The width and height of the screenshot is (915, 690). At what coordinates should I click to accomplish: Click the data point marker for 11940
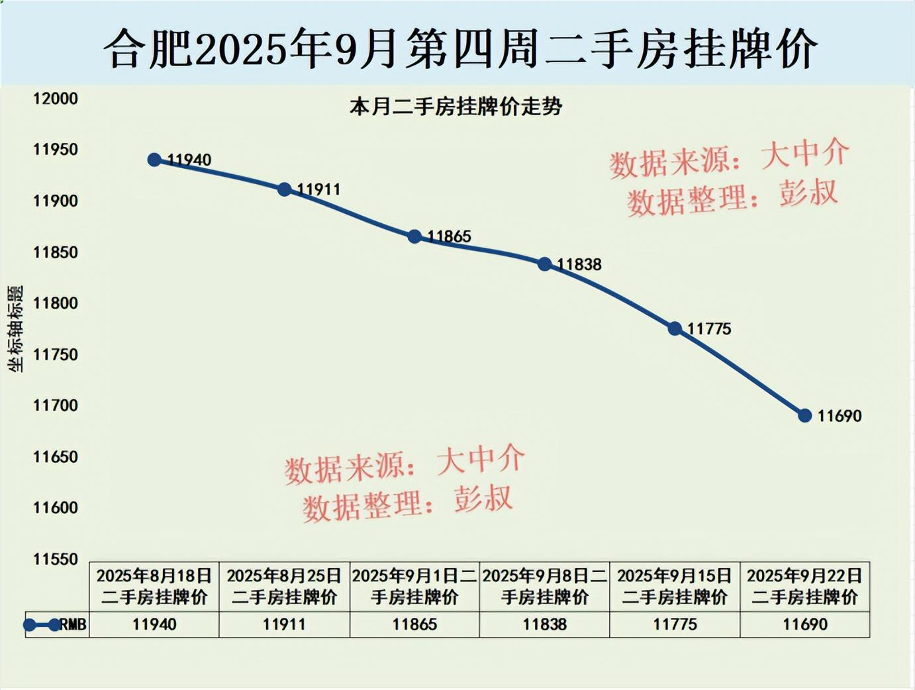click(154, 160)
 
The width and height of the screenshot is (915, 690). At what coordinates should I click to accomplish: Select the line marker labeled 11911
click(285, 189)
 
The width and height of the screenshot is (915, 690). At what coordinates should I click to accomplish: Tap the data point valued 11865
click(414, 236)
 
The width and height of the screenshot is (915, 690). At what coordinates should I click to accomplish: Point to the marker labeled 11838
click(545, 264)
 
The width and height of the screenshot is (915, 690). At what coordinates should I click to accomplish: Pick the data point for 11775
click(675, 328)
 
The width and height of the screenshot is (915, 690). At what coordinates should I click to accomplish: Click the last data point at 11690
click(805, 416)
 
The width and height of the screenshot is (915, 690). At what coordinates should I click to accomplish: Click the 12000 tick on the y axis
click(56, 99)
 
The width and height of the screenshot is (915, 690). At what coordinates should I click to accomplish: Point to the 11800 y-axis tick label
click(56, 303)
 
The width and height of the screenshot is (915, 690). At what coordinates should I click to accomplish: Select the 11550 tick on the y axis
click(56, 559)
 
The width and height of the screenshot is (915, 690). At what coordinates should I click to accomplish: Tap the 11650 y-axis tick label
click(56, 457)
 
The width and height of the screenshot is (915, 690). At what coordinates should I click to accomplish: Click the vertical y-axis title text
click(15, 328)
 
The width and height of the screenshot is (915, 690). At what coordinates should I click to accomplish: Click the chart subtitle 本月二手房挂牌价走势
click(456, 107)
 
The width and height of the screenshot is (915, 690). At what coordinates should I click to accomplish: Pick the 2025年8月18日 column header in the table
click(154, 586)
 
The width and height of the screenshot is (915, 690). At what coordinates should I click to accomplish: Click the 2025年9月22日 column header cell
click(805, 586)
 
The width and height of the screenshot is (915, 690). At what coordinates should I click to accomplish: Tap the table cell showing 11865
click(414, 624)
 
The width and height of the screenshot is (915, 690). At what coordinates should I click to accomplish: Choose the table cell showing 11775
click(675, 624)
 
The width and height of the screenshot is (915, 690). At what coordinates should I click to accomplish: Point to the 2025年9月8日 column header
click(545, 586)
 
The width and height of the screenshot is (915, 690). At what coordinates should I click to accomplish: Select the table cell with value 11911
click(285, 624)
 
